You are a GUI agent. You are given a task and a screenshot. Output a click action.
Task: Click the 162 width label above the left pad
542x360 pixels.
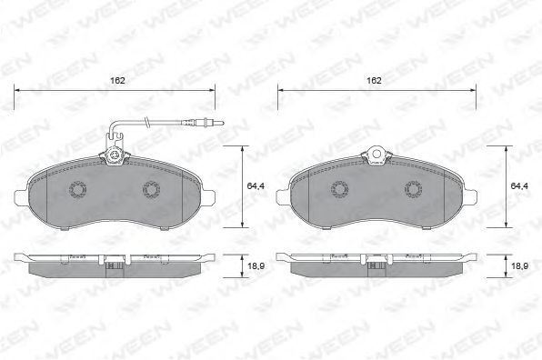pos(117,81)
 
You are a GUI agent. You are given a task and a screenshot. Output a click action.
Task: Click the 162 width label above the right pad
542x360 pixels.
pos(374,81)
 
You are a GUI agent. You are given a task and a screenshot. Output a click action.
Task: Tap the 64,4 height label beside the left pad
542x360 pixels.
pos(256,185)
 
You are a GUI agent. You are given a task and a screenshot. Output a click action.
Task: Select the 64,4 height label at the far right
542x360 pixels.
pos(519,185)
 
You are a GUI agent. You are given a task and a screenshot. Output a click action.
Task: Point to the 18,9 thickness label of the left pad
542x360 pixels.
pos(256,266)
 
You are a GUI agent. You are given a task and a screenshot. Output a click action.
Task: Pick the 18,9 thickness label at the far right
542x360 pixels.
pos(519,266)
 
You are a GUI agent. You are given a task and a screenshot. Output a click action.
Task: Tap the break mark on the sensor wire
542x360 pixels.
pos(147,123)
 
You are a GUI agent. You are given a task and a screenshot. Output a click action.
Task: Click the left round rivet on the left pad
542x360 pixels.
pos(77,189)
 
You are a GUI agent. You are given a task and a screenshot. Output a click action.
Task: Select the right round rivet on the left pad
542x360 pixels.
pos(151,189)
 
